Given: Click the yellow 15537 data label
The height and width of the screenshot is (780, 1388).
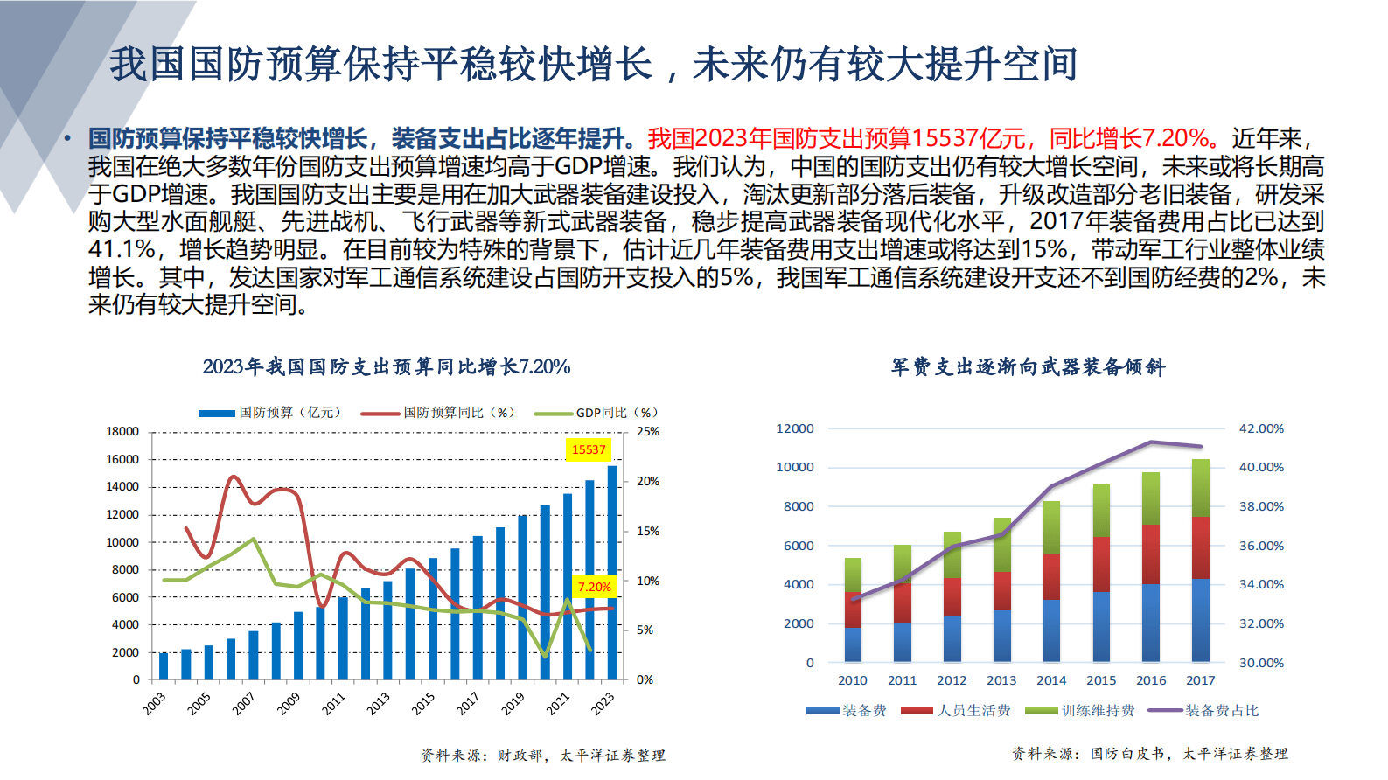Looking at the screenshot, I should (589, 449).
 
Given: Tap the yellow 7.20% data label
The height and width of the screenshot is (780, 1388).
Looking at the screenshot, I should (595, 587).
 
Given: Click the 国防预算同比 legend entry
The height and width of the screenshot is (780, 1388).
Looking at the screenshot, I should (438, 413).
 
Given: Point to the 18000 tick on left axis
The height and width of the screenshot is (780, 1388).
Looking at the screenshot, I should (122, 431).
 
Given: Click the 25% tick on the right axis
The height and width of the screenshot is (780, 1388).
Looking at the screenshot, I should (648, 431).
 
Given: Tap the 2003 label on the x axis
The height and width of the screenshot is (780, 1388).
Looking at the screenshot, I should (154, 703).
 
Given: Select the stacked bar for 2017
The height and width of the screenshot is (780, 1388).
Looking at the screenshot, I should (1201, 560).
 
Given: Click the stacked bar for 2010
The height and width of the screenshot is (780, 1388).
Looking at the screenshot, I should (853, 609).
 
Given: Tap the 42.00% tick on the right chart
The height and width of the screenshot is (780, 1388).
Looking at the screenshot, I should (1261, 428).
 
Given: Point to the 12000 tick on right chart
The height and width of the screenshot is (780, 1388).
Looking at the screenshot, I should (795, 428).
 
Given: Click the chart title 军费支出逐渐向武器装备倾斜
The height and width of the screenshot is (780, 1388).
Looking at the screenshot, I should (1028, 366).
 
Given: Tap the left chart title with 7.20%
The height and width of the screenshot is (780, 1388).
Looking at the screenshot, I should (386, 366).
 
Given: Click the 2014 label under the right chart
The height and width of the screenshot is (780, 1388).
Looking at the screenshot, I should (1051, 680).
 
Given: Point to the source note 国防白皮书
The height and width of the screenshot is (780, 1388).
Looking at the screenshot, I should (1127, 753).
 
